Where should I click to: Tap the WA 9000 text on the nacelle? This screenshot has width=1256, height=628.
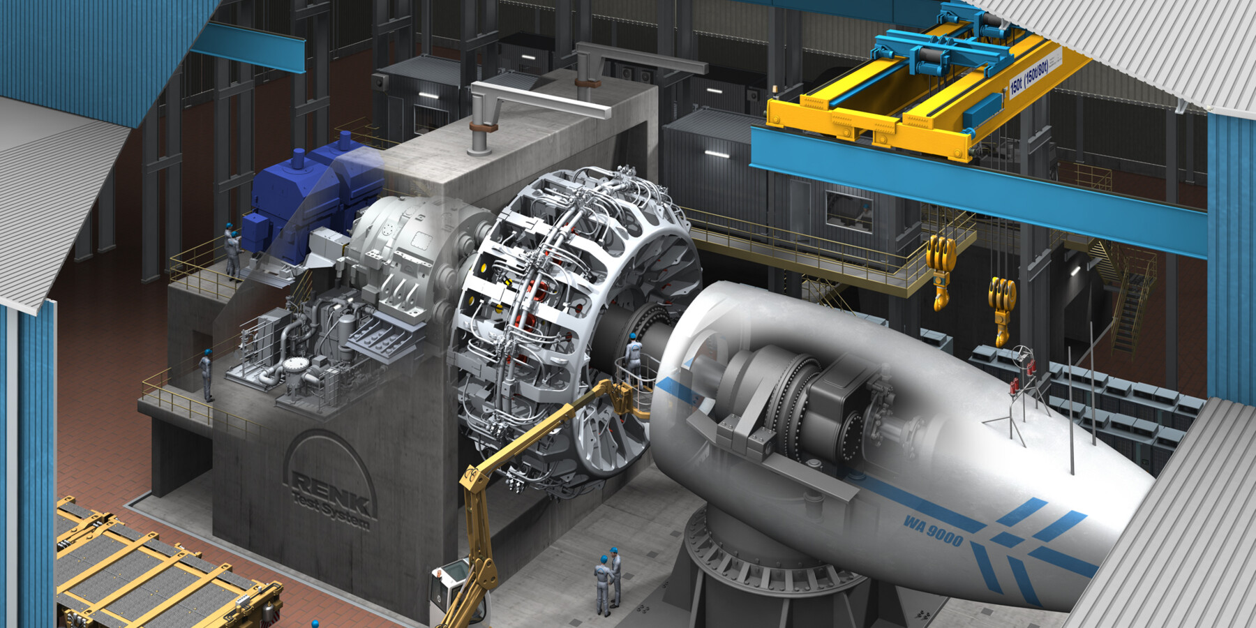(x=933, y=530)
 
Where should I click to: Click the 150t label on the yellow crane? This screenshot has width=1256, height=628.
(x=1029, y=77)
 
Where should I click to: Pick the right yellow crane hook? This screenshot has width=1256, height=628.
(x=1002, y=307)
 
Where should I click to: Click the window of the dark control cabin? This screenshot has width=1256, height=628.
(x=848, y=209)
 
